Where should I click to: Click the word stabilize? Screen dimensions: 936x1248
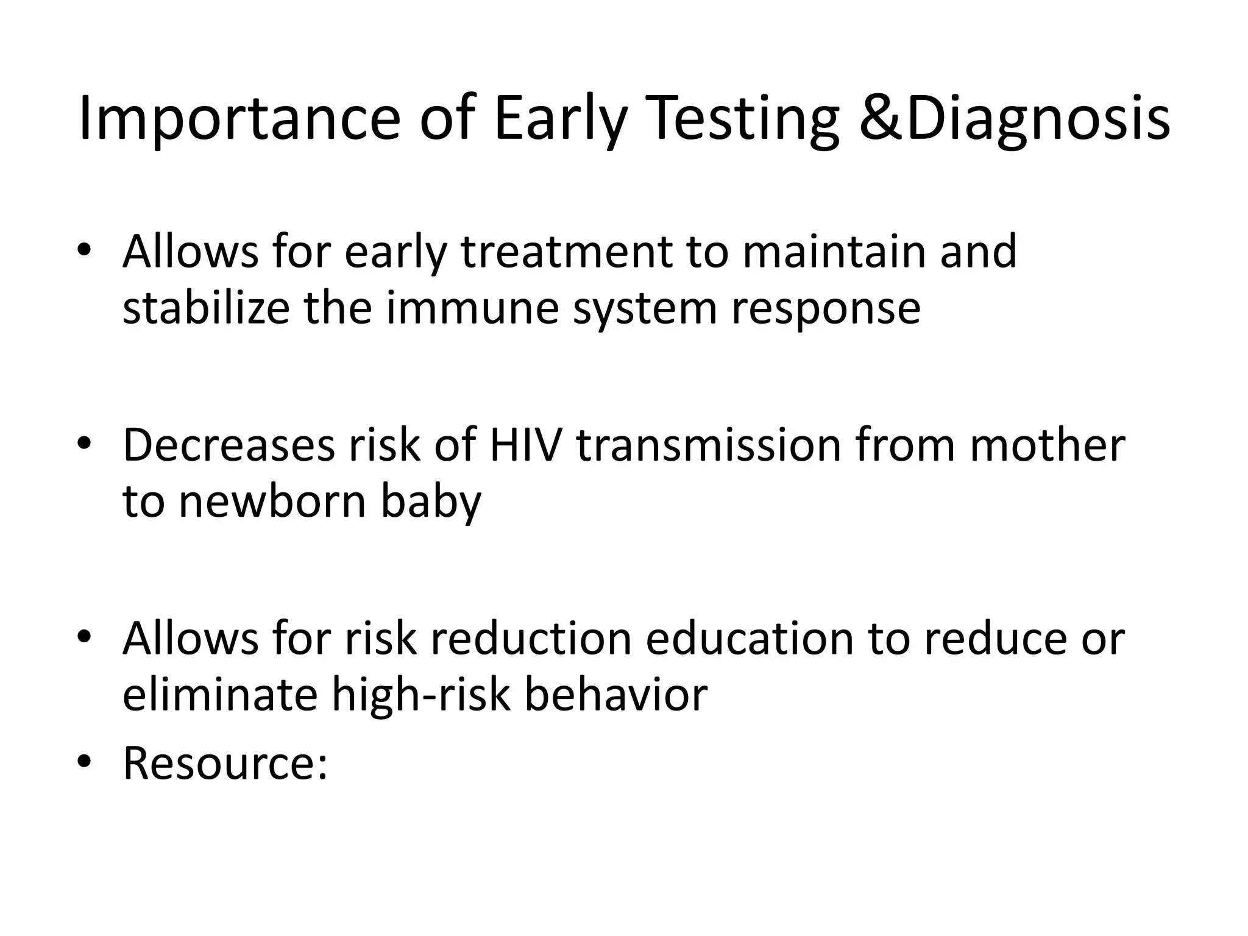coord(206,307)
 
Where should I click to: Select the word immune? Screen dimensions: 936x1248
coord(472,307)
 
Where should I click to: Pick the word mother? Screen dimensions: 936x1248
coord(1047,445)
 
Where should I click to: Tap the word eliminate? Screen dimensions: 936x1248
coord(220,694)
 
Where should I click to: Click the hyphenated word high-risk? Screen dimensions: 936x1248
coord(420,695)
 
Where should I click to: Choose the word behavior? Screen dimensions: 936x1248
coord(615,694)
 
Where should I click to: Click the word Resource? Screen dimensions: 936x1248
coord(225,763)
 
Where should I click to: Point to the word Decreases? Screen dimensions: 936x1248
coord(229,445)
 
